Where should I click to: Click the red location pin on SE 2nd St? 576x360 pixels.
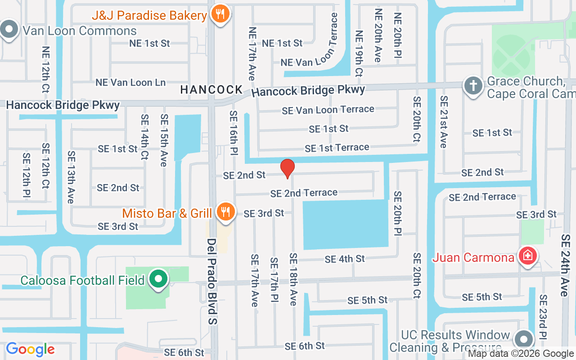point(288,169)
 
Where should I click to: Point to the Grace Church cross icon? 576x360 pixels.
point(473,86)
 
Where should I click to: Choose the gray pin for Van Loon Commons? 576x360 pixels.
point(8,30)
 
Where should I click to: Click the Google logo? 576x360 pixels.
point(30,349)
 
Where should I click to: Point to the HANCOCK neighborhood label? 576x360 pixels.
point(211,90)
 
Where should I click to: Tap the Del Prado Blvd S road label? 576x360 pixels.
point(212,281)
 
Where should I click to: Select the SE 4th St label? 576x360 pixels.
point(345,259)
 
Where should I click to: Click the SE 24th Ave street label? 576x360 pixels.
point(565,265)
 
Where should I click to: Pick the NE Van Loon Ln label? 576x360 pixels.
point(130,83)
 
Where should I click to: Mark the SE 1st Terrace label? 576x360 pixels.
point(337,148)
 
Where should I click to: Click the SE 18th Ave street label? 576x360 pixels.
point(293,279)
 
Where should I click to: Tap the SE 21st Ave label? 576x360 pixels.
point(444,122)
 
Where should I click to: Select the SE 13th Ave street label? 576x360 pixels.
point(71,177)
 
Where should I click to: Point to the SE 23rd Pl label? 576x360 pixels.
point(544,317)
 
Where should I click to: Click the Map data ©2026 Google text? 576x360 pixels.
point(521,354)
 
